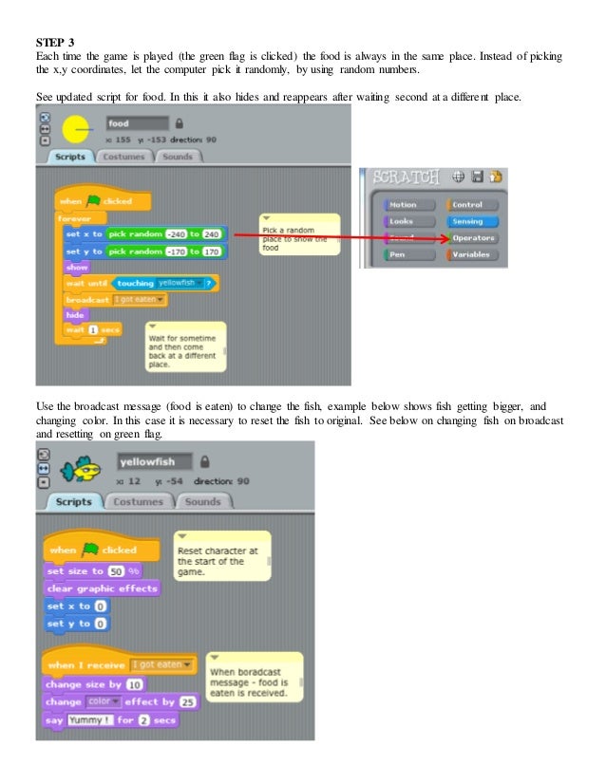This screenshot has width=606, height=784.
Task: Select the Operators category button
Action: (x=474, y=237)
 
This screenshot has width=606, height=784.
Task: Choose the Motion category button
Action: (x=403, y=204)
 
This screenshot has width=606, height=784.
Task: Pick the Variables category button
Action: (x=472, y=254)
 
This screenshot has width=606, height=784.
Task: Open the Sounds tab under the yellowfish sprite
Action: (x=202, y=501)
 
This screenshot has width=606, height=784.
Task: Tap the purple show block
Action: (x=77, y=268)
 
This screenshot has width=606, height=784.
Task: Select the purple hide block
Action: (x=74, y=314)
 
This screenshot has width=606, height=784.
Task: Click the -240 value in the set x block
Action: (x=177, y=233)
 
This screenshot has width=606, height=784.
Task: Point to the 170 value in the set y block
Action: (x=211, y=252)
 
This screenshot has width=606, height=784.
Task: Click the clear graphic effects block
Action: (x=102, y=588)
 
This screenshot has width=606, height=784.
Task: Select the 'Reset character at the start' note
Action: (x=220, y=555)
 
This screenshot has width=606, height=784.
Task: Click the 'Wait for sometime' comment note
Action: (x=184, y=348)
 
